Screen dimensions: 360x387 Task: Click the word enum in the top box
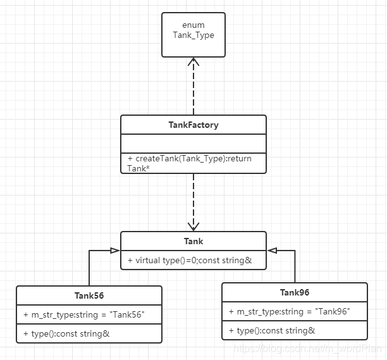[x=193, y=25]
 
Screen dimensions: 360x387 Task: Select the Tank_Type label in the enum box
[x=193, y=35]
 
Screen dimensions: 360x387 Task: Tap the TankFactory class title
[x=193, y=125]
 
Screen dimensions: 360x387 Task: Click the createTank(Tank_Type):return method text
[x=190, y=158]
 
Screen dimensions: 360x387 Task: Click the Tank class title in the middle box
[x=193, y=241]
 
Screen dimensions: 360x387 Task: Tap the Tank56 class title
[x=89, y=295]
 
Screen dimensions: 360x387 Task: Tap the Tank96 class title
[x=295, y=292]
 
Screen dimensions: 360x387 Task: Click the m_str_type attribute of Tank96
[x=290, y=311]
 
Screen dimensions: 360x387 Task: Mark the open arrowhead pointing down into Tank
[x=193, y=226]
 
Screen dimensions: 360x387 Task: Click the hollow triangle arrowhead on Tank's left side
[x=115, y=251]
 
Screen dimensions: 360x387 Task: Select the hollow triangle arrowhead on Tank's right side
[x=272, y=251]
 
